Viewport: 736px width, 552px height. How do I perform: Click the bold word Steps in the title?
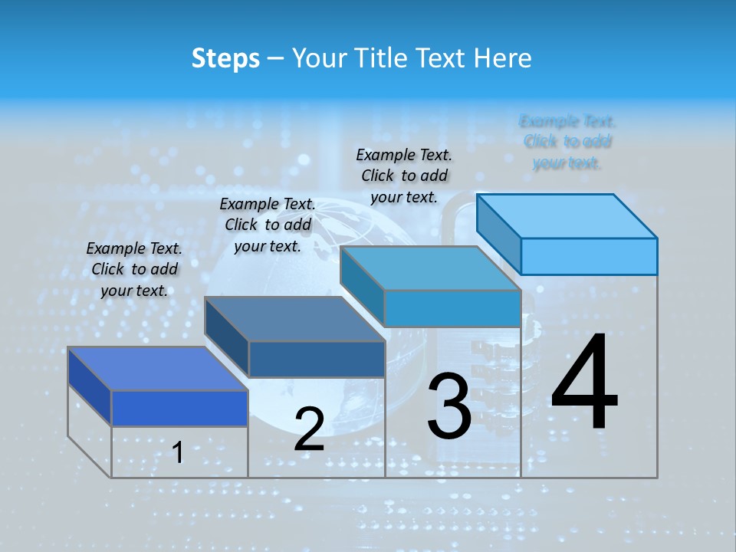225,58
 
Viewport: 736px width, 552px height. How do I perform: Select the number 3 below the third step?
449,406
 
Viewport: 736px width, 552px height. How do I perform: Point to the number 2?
309,429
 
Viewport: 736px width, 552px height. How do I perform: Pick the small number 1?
178,452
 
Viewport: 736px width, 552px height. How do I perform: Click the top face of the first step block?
157,369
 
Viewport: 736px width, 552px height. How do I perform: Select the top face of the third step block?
430,268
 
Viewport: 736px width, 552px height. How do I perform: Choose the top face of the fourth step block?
567,216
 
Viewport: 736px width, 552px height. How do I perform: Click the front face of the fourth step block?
589,256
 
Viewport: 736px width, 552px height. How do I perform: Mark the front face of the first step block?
179,408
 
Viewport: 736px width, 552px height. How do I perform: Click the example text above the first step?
134,269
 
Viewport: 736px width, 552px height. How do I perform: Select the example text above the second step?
268,225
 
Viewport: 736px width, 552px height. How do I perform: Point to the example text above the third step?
404,176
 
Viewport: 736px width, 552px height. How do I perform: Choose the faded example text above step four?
567,142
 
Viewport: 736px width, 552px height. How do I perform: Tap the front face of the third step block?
452,308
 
